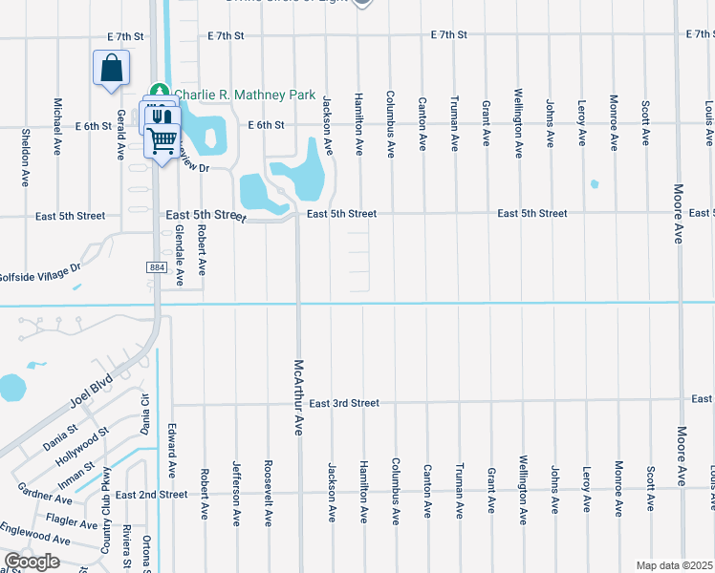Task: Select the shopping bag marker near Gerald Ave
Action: pos(112,70)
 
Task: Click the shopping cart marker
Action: pos(162,141)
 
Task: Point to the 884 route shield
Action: pos(157,266)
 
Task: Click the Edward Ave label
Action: pos(172,451)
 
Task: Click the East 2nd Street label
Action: pos(152,495)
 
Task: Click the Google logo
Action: pos(32,562)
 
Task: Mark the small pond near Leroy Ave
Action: pos(595,184)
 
